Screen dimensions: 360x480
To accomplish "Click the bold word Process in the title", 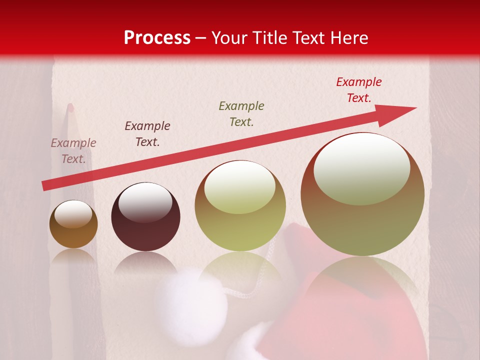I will (x=157, y=38).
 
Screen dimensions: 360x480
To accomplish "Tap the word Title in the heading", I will (x=268, y=38).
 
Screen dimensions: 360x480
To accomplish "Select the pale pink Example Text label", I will (x=73, y=151).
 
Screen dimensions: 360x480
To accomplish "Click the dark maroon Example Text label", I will (x=147, y=134).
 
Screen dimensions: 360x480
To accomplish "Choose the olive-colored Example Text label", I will (x=241, y=113).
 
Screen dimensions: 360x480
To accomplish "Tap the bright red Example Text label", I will (x=359, y=90).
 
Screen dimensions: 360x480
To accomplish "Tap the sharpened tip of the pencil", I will (x=70, y=107).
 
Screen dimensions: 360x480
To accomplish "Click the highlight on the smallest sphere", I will (x=73, y=214).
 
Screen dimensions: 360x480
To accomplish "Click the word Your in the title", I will (x=230, y=38).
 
